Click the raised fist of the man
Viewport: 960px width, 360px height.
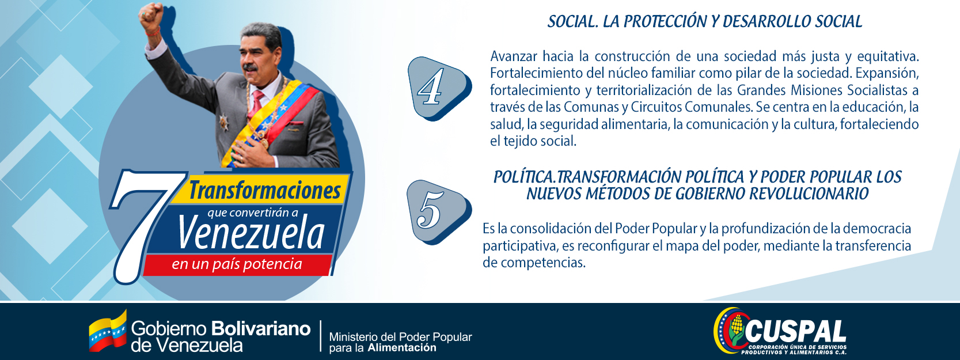[x=150, y=16]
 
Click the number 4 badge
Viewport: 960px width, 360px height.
[x=438, y=88]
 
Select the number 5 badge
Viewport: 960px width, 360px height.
[x=438, y=212]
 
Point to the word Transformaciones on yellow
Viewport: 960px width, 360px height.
[x=265, y=190]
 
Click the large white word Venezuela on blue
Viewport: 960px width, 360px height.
[x=251, y=233]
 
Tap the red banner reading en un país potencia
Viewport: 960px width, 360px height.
[x=237, y=264]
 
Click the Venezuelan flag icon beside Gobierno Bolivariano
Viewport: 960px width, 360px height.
[x=108, y=332]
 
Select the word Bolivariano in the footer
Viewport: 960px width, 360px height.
[x=261, y=329]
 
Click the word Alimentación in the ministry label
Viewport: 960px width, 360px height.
[x=402, y=347]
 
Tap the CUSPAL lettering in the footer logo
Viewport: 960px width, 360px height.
[x=795, y=332]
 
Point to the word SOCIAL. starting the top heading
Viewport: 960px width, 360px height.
[x=573, y=21]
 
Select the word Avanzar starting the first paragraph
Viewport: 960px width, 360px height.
[x=514, y=56]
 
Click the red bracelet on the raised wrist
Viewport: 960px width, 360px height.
[x=153, y=32]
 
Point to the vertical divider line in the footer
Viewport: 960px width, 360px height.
[x=321, y=336]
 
